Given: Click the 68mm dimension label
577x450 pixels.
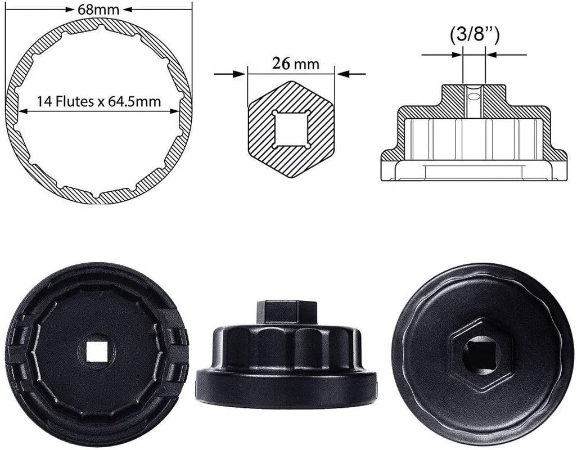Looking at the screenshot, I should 99,8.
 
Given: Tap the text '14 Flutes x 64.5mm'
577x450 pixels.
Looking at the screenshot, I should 99,102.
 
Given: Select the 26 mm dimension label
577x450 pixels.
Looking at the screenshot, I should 291,64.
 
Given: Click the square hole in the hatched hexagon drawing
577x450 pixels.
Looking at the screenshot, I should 291,129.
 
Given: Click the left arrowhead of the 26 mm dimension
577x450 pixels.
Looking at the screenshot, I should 242,73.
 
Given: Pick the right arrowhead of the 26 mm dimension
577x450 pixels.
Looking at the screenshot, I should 340,73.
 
